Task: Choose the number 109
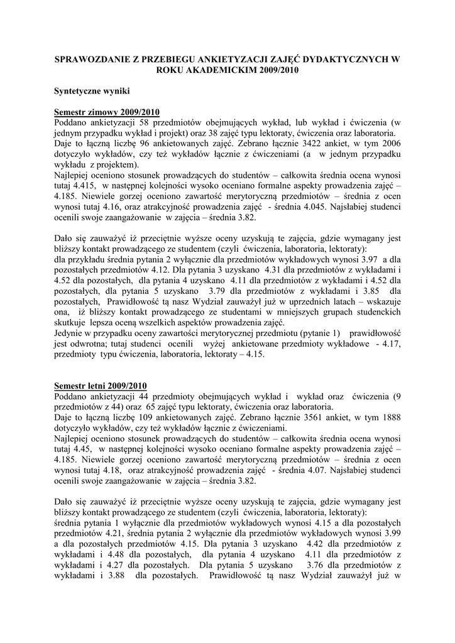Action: (x=158, y=417)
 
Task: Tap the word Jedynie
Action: (x=70, y=333)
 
